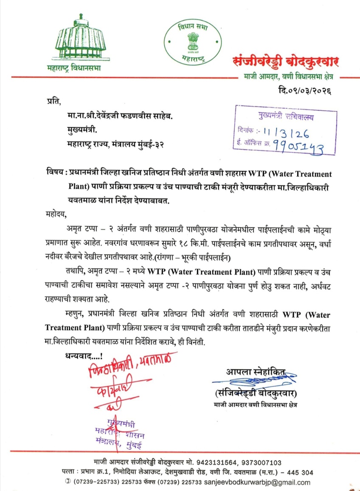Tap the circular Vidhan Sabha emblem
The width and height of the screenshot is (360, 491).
coord(190,44)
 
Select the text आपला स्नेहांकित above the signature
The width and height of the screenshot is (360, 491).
coord(256,372)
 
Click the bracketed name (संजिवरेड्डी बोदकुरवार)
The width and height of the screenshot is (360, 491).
coord(256,392)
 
